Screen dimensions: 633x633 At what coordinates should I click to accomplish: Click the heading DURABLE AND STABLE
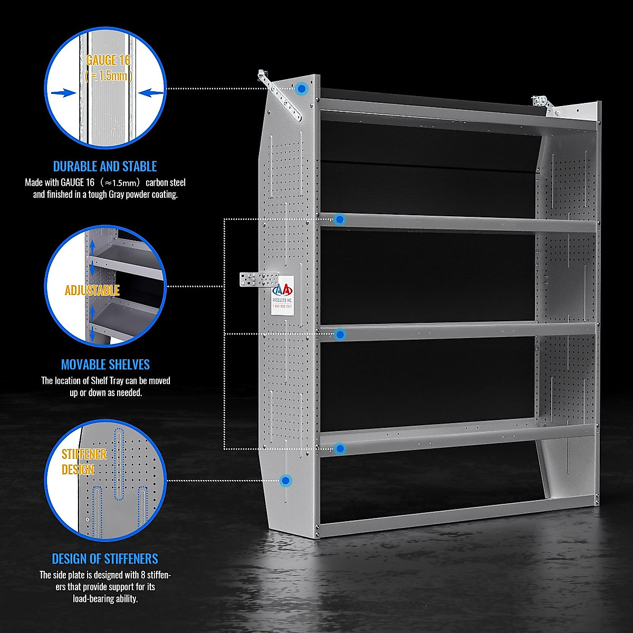(x=105, y=167)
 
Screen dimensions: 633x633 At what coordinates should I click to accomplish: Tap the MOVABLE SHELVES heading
(x=105, y=365)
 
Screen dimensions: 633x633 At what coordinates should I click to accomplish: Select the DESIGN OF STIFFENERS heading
(x=105, y=559)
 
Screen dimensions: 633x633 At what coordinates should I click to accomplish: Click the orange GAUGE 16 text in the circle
(x=108, y=60)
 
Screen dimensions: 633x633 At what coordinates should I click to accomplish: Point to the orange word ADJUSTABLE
(x=92, y=290)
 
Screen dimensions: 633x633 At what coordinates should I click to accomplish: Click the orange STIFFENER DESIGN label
(x=84, y=462)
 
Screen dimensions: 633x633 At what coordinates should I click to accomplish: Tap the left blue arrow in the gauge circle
(x=62, y=93)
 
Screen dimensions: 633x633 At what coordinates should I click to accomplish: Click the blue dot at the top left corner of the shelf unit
(x=301, y=89)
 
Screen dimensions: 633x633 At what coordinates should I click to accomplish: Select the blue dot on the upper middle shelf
(x=340, y=219)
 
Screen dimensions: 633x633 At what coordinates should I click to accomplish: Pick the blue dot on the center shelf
(x=340, y=334)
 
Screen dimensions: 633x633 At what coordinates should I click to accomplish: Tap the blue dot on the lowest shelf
(x=340, y=448)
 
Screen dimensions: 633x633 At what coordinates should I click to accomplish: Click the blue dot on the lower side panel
(x=286, y=480)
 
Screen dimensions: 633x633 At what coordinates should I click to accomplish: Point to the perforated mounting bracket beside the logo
(x=258, y=280)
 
